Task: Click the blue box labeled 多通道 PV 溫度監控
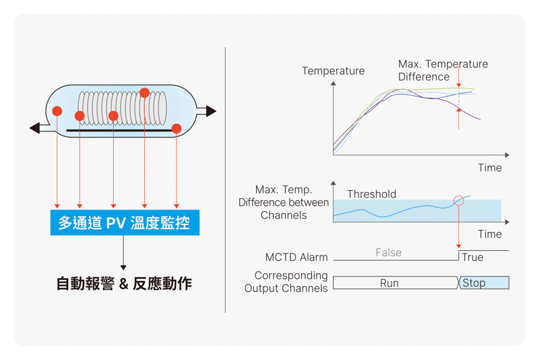tap(125, 222)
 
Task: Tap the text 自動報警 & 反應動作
tap(124, 284)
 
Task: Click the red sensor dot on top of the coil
tap(144, 93)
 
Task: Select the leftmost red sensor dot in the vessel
tap(57, 111)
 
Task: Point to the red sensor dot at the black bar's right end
tap(177, 129)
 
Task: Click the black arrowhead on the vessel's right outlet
tap(211, 111)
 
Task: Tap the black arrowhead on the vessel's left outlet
tap(35, 128)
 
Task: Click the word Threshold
tap(372, 194)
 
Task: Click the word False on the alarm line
tap(389, 253)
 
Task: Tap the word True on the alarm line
tap(472, 258)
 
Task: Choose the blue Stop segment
tap(484, 282)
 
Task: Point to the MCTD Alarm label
tap(296, 258)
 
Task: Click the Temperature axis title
tap(333, 71)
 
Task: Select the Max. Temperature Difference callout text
tap(443, 70)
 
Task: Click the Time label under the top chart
tap(490, 168)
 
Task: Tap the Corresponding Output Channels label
tap(286, 282)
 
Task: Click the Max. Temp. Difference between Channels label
tap(284, 202)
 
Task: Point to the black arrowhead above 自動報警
tap(123, 268)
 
